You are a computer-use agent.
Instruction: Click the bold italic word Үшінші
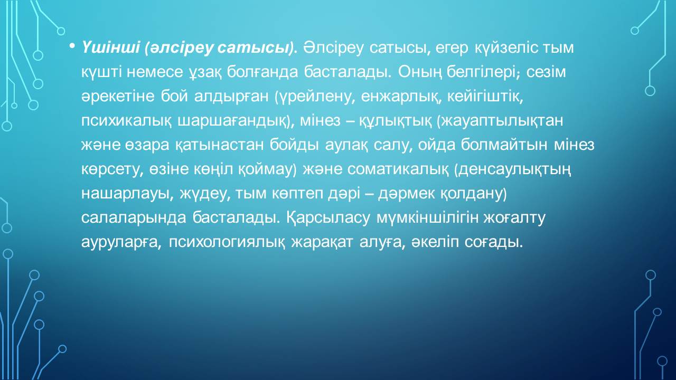(110, 48)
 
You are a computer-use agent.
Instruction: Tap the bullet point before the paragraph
(72, 46)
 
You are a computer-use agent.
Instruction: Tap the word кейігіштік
(484, 97)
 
